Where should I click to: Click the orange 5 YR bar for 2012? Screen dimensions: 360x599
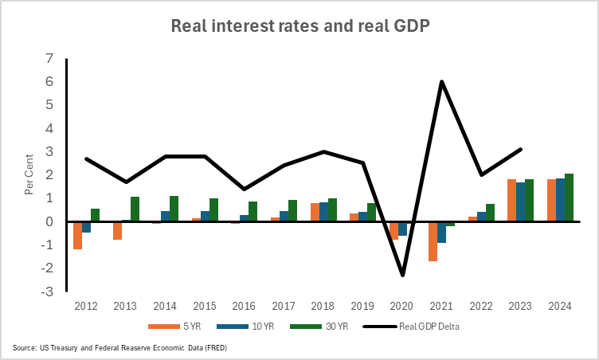(x=77, y=235)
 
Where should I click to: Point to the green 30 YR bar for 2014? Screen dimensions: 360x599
(x=174, y=209)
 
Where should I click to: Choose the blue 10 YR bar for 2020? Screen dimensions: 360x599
(x=402, y=229)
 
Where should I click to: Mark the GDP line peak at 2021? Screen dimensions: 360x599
(x=441, y=81)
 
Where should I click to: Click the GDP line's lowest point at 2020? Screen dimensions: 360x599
(x=402, y=275)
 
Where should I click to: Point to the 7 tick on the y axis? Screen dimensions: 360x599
(x=49, y=59)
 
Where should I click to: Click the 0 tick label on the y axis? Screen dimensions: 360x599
(x=49, y=222)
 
